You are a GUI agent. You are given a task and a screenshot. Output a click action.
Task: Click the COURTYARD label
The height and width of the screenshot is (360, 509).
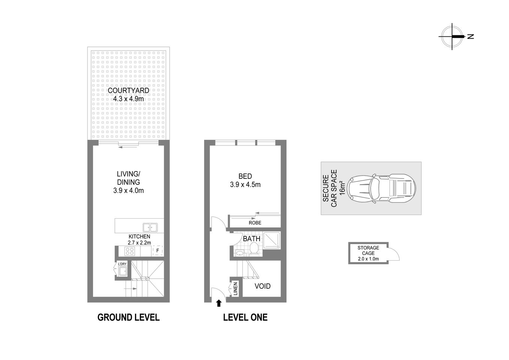click(128, 90)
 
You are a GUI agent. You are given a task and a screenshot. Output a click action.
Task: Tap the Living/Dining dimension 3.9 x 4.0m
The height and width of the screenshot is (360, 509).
click(128, 190)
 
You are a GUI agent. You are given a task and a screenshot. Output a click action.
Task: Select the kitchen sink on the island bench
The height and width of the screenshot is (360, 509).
click(150, 227)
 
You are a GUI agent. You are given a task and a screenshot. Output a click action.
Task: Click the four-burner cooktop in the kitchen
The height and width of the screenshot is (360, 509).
click(130, 251)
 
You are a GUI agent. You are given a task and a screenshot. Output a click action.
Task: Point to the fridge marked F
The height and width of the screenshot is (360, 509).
click(158, 250)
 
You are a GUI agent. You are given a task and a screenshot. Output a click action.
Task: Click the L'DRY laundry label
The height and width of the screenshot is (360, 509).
click(122, 264)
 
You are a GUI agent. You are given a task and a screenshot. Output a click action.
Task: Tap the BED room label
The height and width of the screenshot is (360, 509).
click(245, 176)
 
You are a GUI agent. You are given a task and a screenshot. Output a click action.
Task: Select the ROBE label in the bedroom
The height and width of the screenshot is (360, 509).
click(255, 223)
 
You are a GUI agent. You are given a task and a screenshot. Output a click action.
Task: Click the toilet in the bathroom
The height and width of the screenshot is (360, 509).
click(254, 248)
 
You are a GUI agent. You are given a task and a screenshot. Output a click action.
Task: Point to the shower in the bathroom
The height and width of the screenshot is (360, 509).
click(272, 241)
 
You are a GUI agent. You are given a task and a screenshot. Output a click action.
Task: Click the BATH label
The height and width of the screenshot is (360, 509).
click(251, 238)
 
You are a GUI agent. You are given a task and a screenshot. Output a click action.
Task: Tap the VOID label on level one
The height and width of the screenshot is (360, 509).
click(263, 286)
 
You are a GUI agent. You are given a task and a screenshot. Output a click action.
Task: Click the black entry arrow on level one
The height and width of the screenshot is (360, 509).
click(219, 303)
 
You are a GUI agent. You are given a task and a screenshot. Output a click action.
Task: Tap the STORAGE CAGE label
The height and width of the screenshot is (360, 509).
click(368, 250)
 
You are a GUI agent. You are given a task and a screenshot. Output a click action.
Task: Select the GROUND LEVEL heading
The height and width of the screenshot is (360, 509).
click(128, 317)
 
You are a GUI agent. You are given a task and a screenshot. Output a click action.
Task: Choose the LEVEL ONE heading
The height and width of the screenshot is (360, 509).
click(245, 317)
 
